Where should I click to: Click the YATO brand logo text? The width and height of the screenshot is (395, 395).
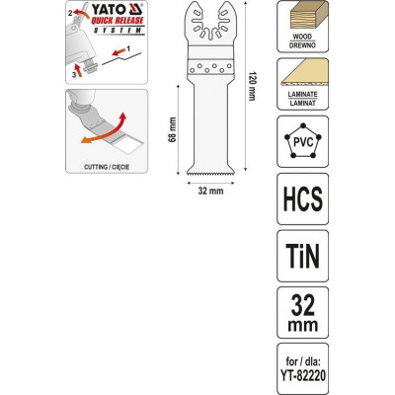(108, 10)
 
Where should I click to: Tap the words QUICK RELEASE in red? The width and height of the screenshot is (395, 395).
(118, 21)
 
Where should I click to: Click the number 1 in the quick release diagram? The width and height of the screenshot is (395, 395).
(128, 48)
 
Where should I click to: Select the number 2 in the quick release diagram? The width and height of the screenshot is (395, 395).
(70, 13)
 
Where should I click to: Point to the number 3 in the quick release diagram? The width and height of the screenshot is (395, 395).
(74, 75)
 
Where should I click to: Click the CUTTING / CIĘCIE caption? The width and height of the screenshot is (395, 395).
(107, 167)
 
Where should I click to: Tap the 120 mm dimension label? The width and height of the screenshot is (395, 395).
(252, 86)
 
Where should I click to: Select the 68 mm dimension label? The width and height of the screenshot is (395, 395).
(172, 129)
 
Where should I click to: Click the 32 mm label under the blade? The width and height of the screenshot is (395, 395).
(210, 191)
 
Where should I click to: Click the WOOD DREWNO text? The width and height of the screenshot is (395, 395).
(302, 41)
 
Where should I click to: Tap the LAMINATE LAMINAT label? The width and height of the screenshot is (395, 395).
(302, 99)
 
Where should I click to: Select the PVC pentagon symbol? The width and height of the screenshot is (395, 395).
(303, 141)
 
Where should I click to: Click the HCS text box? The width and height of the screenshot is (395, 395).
(303, 198)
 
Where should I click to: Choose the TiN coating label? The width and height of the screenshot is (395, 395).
(303, 256)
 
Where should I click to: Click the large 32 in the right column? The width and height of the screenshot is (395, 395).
(303, 305)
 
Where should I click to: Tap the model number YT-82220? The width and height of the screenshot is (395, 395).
(303, 374)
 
